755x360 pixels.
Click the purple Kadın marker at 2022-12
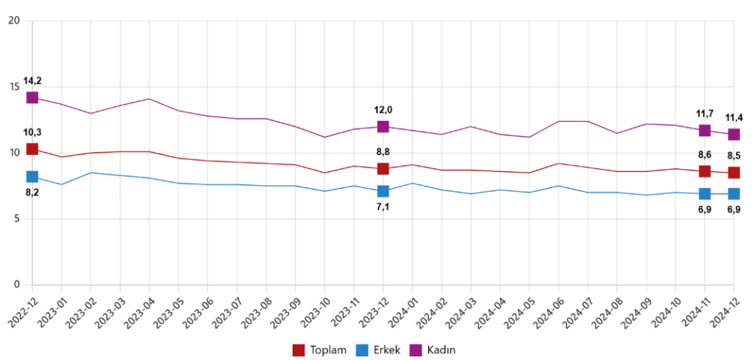click(32, 97)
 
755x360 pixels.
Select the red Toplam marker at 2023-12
click(383, 168)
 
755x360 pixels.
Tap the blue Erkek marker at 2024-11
click(705, 193)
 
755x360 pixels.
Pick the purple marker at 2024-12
click(734, 134)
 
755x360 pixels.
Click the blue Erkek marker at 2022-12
click(32, 176)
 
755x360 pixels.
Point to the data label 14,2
click(32, 81)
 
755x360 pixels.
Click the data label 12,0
click(383, 110)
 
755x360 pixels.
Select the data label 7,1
click(383, 207)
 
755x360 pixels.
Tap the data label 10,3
click(32, 132)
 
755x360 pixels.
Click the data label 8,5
click(733, 156)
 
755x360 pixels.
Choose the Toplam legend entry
click(319, 350)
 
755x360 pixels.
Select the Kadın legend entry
click(434, 350)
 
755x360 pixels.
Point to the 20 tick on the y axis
click(13, 21)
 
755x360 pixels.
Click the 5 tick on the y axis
click(16, 219)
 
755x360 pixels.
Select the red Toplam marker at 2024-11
click(705, 171)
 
